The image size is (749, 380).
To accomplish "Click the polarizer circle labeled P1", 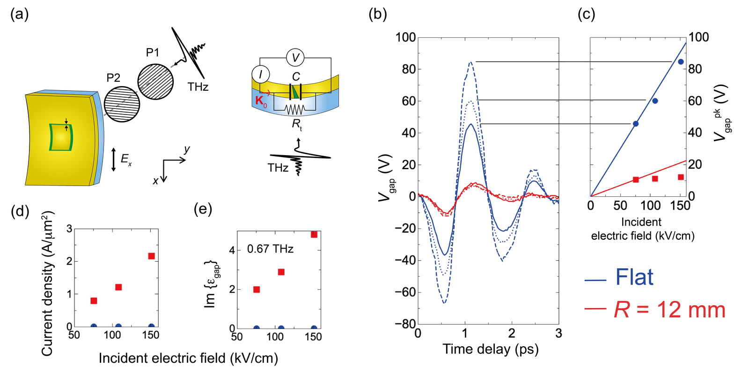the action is (155, 82).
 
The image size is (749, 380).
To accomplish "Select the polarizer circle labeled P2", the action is (122, 104).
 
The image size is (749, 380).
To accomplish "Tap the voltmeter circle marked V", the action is (295, 58).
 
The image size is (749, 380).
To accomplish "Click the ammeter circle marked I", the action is (261, 74).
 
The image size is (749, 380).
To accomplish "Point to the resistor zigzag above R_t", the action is (294, 109).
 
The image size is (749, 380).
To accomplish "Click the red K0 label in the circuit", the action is (261, 101).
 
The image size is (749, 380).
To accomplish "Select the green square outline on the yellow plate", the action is (61, 137).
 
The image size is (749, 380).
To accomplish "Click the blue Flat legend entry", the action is (619, 277).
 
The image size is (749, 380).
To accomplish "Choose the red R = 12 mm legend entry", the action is (655, 309).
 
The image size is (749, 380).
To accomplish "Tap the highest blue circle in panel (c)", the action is (681, 62).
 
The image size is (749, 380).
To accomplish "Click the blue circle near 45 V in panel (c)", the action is (636, 124).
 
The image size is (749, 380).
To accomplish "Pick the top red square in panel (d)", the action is (151, 256).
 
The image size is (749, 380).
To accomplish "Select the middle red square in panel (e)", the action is (281, 272).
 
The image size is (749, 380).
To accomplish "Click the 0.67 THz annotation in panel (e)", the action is (270, 249).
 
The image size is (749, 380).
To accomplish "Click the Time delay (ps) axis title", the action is (491, 349).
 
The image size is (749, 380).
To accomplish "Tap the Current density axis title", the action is (47, 284).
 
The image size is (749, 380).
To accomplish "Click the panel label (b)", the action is (378, 15).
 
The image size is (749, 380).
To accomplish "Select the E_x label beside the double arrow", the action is (126, 159).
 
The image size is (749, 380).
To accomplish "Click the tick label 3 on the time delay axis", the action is (559, 334).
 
